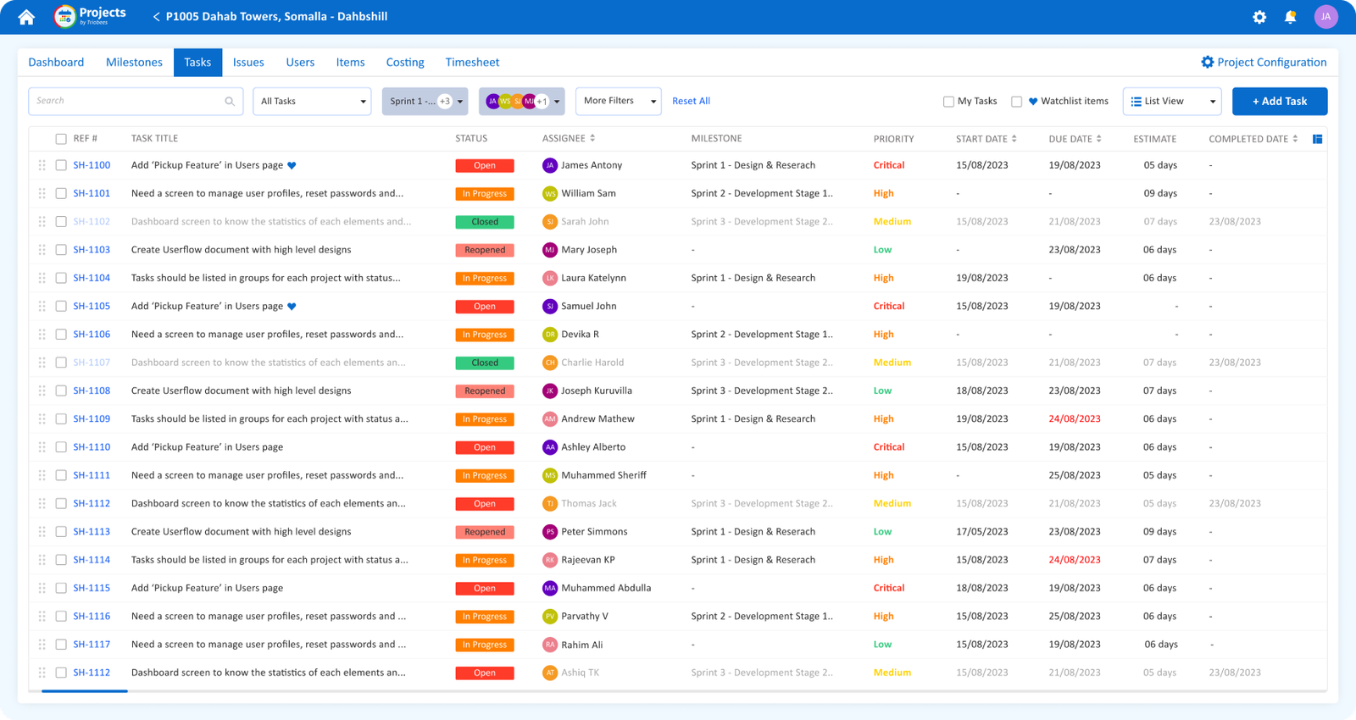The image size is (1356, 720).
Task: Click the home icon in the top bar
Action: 26,17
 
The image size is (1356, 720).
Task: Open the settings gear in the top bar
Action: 1259,17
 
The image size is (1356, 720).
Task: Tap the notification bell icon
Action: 1290,17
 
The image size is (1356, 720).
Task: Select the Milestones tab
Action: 134,63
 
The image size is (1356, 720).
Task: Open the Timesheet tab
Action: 472,63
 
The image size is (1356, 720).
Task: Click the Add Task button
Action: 1279,102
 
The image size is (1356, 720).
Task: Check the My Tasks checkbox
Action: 948,102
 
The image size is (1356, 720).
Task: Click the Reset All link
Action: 691,102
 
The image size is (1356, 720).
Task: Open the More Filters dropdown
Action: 618,102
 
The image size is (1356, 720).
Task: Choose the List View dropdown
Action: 1171,102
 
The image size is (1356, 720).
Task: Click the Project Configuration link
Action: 1264,63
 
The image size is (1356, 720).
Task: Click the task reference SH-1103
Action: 92,250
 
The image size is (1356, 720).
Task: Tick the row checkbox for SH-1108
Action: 61,390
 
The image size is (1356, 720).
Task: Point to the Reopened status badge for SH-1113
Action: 485,532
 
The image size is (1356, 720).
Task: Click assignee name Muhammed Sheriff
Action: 603,475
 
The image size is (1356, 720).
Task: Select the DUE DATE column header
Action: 1070,139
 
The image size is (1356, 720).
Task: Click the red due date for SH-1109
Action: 1075,419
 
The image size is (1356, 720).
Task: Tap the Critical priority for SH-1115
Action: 889,588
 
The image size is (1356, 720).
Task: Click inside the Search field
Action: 127,102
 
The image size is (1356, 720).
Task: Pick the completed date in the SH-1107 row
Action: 1235,363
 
